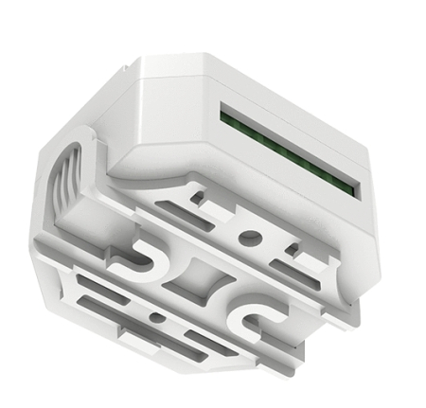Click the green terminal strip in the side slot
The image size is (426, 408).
coord(290,148)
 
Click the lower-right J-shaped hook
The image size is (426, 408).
coord(254,320)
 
